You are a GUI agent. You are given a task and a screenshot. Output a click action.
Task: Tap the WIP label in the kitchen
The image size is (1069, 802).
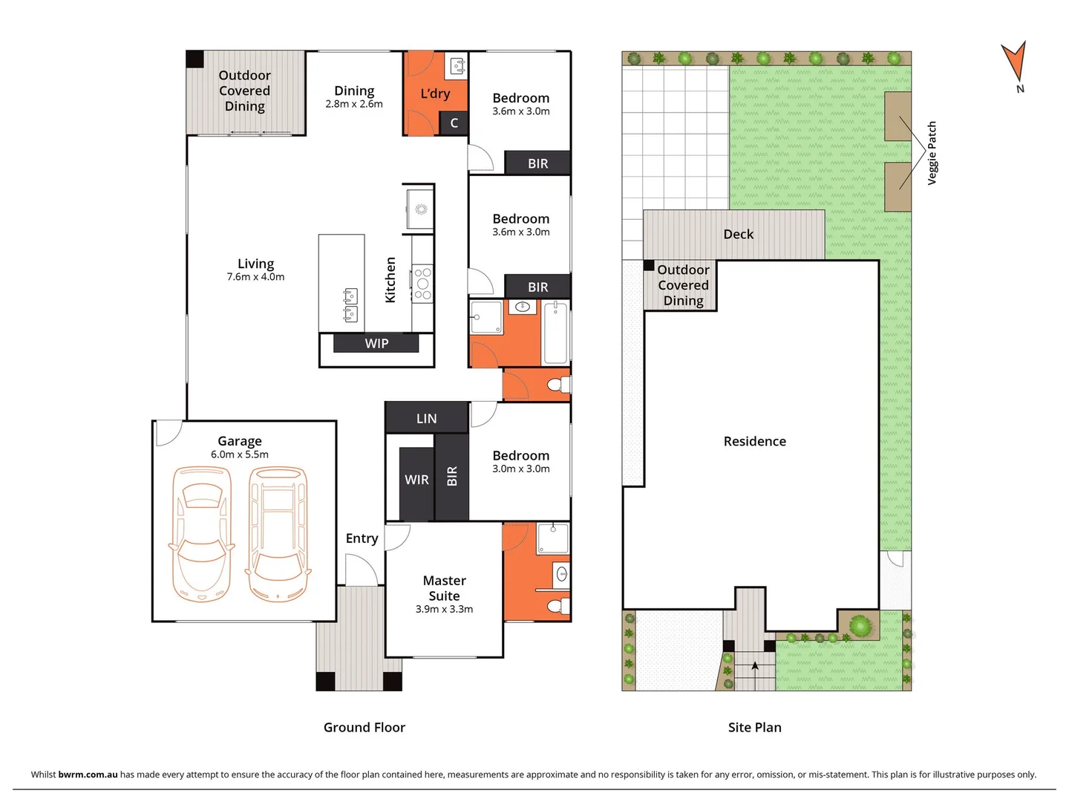coord(376,343)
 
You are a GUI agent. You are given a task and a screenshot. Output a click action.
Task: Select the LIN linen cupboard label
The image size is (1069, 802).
coord(426,418)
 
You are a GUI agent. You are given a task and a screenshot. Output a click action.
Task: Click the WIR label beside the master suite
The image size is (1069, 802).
coord(416,480)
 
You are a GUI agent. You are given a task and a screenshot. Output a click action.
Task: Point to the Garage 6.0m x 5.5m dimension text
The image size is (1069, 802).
coord(240,454)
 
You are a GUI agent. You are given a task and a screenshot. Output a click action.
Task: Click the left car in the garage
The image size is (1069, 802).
coord(201,534)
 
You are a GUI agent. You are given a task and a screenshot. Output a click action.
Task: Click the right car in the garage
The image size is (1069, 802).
coord(278,534)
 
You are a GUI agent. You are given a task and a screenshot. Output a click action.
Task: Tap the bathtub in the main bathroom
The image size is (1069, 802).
coord(555,333)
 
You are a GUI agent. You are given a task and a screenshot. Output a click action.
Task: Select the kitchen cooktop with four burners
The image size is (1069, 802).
coord(422,284)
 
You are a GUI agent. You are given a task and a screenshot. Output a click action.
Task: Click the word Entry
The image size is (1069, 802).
coord(362,538)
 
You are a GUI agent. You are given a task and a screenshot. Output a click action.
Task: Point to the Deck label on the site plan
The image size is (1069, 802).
coord(738,234)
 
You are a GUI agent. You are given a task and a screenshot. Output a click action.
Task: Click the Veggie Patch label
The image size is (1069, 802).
coord(932,153)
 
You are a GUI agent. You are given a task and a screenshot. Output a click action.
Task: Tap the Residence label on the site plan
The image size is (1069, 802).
coord(754,441)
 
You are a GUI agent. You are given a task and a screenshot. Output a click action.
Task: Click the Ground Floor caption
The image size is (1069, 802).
coord(364,727)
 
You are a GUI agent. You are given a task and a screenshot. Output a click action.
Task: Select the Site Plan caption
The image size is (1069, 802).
coord(754,727)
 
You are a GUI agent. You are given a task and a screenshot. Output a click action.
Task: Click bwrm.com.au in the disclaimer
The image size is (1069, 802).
coord(88,774)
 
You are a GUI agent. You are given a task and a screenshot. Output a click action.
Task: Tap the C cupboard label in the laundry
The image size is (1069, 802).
coord(454,123)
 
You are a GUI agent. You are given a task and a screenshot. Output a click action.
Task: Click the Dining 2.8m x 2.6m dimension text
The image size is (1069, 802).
coord(354,104)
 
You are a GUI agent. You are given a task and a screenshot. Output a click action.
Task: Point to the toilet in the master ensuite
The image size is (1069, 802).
coord(558,606)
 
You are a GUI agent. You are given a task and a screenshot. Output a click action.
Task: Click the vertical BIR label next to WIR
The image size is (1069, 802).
coord(452,477)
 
